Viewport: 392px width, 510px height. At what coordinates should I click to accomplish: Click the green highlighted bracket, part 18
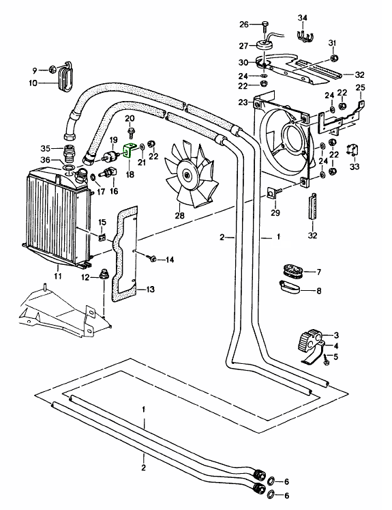(x=130, y=150)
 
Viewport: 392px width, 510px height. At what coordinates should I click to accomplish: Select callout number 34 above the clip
(x=303, y=18)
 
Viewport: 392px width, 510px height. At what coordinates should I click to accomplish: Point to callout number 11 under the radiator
(x=58, y=277)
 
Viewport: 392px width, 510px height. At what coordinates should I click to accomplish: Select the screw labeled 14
(x=151, y=259)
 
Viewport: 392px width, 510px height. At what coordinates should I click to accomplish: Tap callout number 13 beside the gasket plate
(x=151, y=289)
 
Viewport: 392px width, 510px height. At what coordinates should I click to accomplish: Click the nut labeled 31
(x=333, y=58)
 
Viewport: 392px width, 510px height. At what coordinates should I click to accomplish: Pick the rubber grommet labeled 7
(x=292, y=270)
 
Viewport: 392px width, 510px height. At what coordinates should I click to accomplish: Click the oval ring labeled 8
(x=290, y=287)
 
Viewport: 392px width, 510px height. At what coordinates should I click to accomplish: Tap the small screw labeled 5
(x=326, y=360)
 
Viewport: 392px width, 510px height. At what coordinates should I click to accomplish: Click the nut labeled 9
(x=52, y=69)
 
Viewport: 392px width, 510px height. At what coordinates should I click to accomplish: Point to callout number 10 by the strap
(x=33, y=83)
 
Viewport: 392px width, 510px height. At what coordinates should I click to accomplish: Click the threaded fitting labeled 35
(x=68, y=154)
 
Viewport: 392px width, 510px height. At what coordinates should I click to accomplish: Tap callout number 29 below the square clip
(x=275, y=213)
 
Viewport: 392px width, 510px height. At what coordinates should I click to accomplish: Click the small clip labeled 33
(x=352, y=150)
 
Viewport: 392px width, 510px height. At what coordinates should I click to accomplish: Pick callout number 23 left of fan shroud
(x=243, y=102)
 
